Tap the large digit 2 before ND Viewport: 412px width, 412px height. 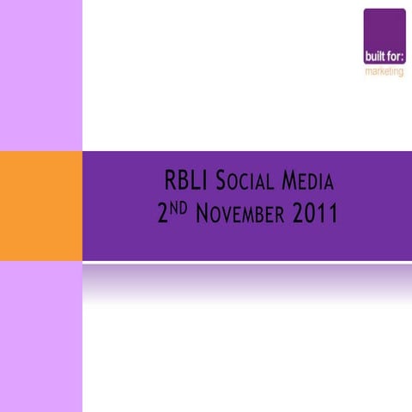point(162,214)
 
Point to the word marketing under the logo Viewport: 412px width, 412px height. point(384,71)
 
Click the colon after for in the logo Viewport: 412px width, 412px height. point(403,58)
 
